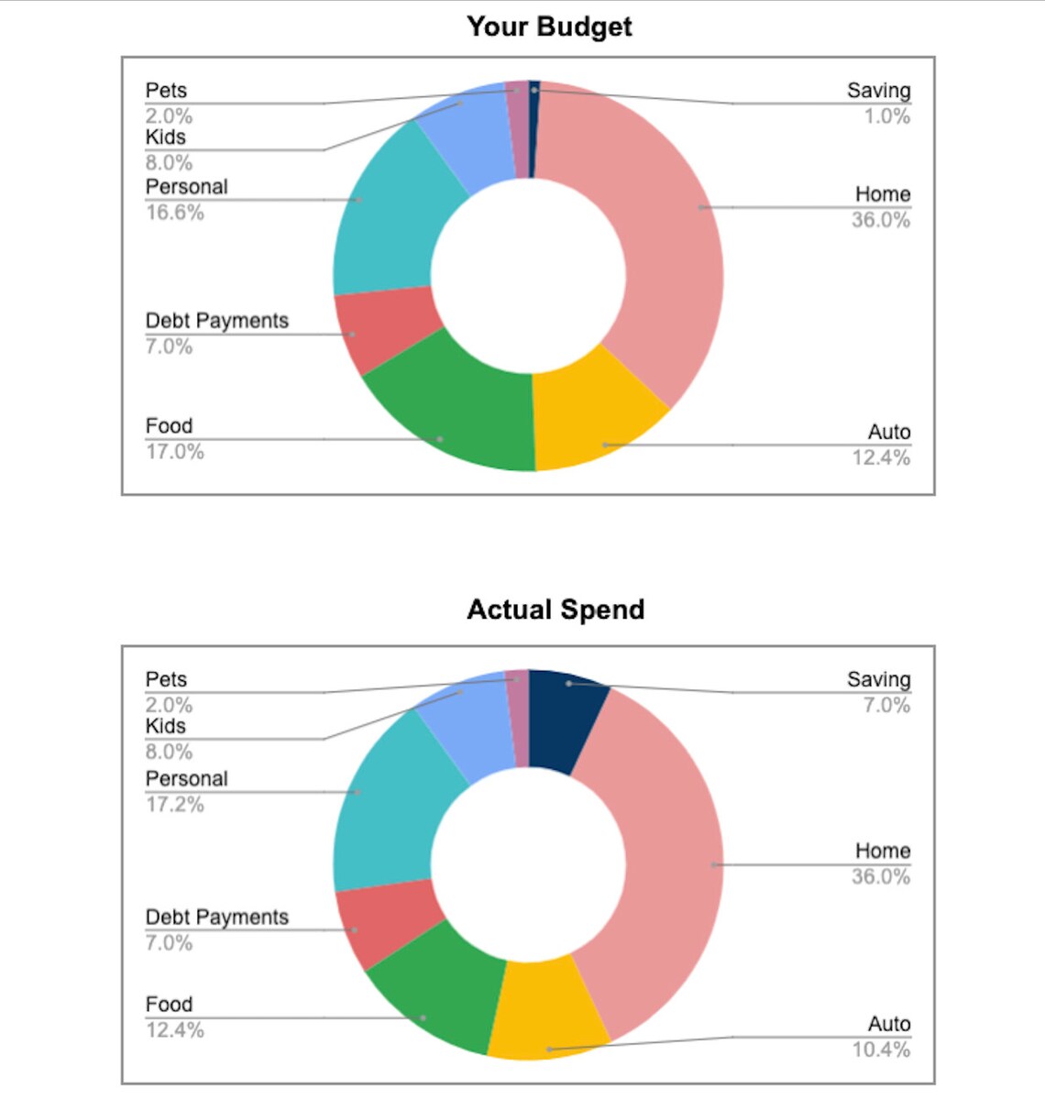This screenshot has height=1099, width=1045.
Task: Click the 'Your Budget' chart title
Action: pos(549,27)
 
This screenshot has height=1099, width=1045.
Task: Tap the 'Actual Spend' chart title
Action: pos(555,610)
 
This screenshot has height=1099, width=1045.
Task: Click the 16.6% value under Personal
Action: pos(175,213)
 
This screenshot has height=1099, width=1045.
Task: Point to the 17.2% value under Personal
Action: pos(175,805)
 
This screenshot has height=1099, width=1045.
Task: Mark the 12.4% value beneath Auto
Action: pos(881,457)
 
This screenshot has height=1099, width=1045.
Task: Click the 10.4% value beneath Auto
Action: pos(881,1050)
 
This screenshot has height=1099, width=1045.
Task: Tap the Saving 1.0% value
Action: pos(886,116)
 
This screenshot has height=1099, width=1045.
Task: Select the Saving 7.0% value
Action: pos(886,705)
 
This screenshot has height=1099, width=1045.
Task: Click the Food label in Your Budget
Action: pos(169,426)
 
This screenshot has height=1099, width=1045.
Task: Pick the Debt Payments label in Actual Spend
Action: pos(217,917)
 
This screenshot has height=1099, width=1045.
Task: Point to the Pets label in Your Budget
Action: pos(166,91)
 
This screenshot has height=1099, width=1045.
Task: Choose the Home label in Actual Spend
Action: pos(883,851)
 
